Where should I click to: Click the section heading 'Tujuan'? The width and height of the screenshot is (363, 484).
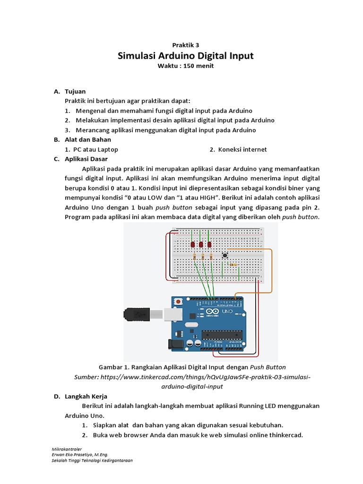[75, 91]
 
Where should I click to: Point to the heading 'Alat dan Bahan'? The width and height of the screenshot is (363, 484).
[88, 139]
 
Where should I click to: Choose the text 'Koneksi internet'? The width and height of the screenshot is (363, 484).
[242, 149]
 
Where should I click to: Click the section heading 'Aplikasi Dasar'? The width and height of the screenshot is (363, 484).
[86, 159]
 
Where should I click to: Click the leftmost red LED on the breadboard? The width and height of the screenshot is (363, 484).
[192, 244]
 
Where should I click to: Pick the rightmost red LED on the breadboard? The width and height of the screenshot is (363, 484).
[209, 244]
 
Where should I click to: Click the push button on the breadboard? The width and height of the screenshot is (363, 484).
[225, 255]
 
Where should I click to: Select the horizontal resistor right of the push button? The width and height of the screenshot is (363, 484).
[233, 265]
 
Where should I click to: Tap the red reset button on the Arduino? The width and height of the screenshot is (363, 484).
[178, 301]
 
